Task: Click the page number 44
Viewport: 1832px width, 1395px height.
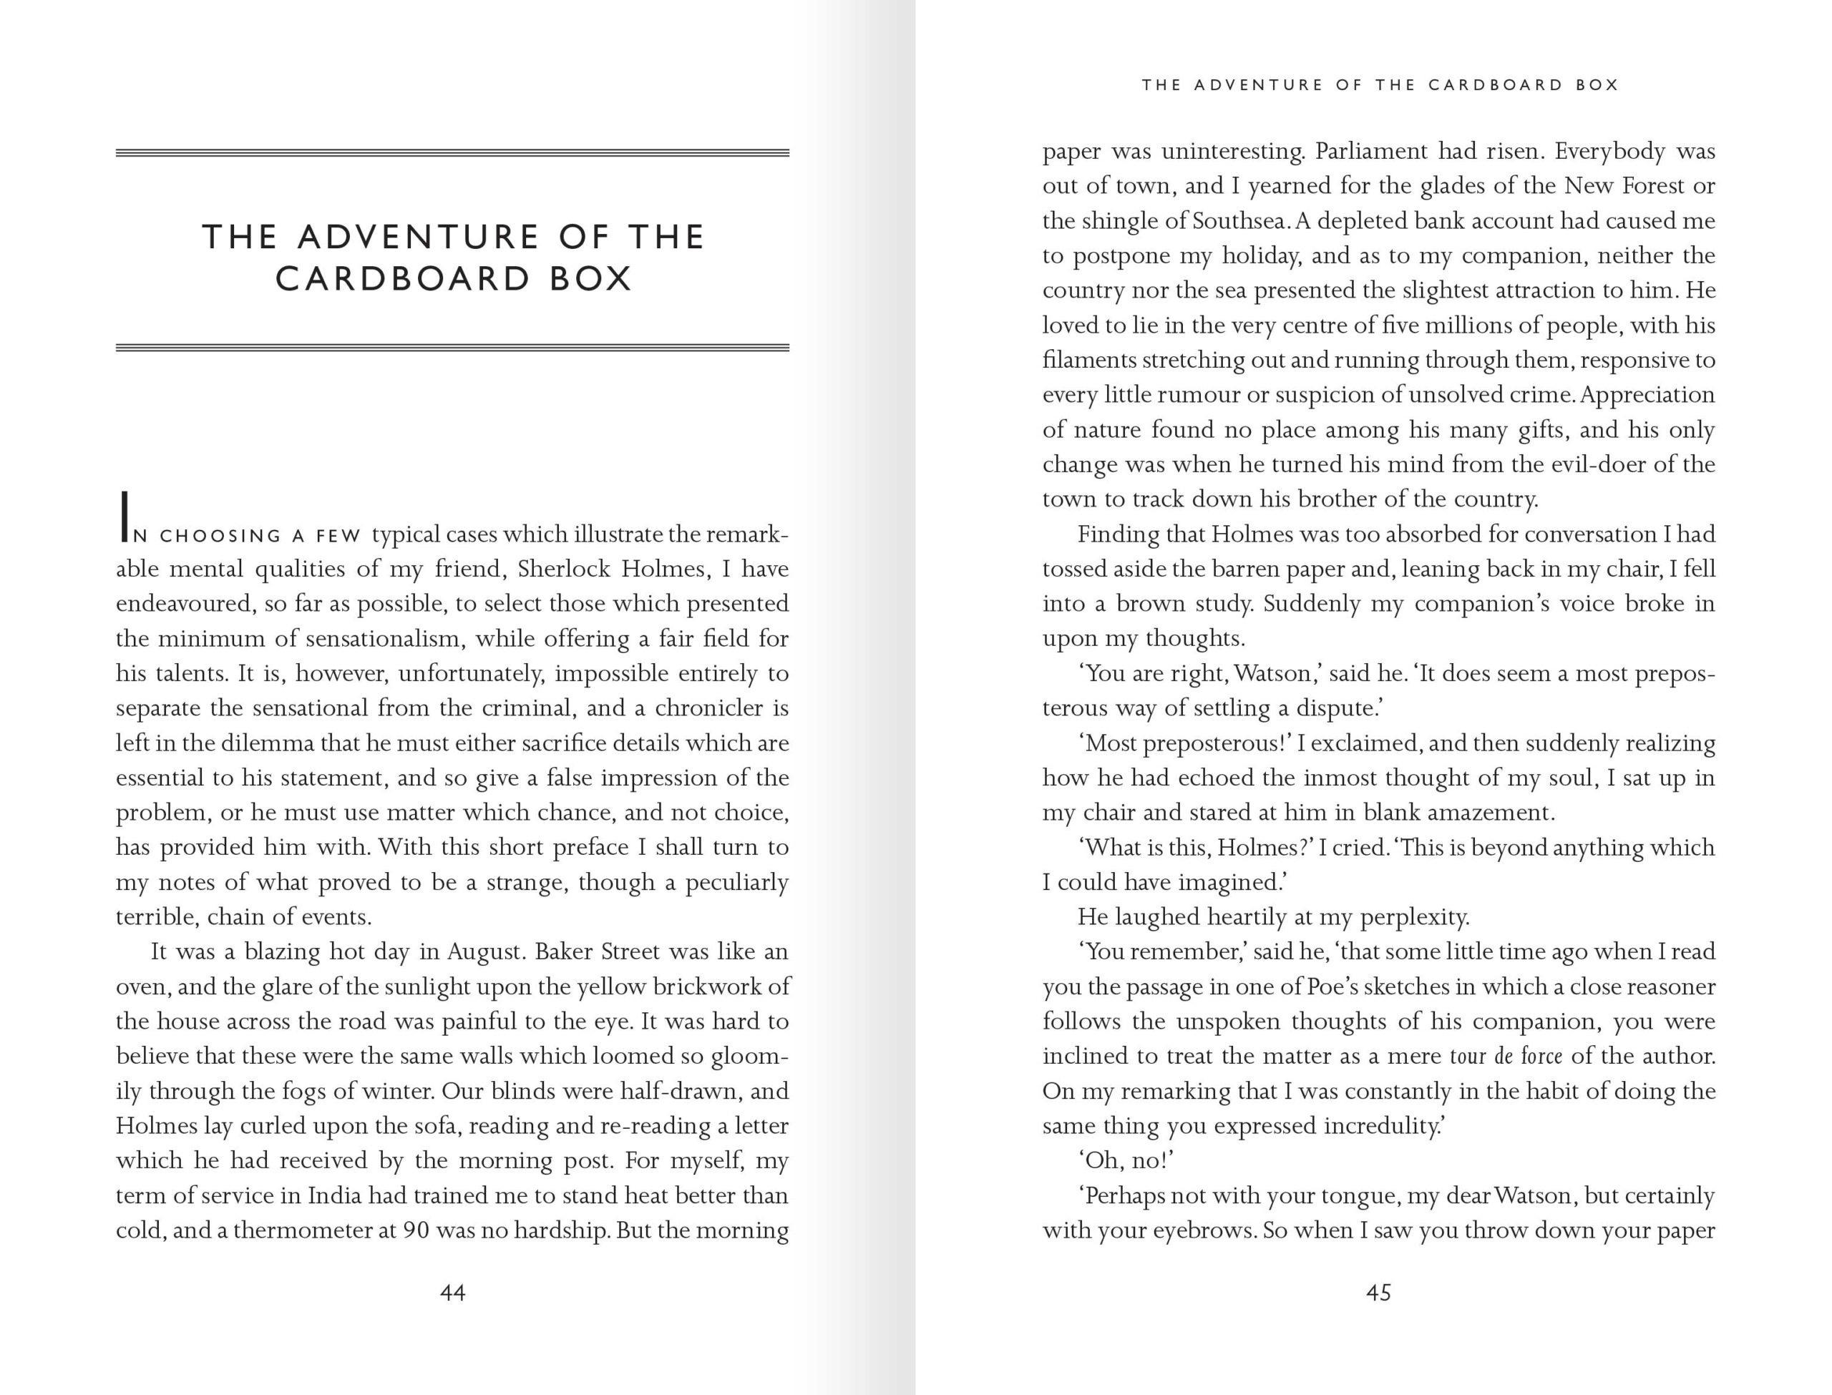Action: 452,1292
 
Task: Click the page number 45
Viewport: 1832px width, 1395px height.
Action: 1378,1292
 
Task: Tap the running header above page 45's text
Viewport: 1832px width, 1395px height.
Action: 1380,84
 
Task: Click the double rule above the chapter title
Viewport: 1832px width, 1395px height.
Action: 452,153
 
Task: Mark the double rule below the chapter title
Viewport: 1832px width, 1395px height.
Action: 452,348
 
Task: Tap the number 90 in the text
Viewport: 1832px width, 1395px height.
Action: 415,1230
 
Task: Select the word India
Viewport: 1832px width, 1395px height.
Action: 335,1195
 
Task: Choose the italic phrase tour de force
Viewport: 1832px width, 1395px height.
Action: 1505,1056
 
